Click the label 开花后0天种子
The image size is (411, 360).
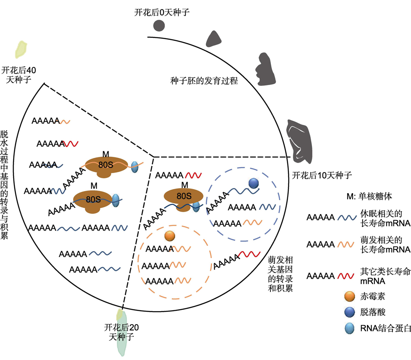pyautogui.click(x=162, y=12)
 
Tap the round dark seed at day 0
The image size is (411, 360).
pyautogui.click(x=159, y=25)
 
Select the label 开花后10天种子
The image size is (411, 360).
pyautogui.click(x=322, y=175)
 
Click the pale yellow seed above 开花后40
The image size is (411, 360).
pyautogui.click(x=21, y=49)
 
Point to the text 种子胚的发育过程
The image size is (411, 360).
pyautogui.click(x=204, y=81)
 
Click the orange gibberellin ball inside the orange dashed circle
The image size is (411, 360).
pyautogui.click(x=170, y=236)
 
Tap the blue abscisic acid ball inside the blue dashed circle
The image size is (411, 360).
pyautogui.click(x=254, y=183)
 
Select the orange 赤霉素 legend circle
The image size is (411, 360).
pyautogui.click(x=350, y=296)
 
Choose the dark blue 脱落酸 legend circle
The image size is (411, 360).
pyautogui.click(x=350, y=312)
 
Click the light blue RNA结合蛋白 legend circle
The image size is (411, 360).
pyautogui.click(x=350, y=328)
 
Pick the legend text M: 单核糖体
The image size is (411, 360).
pyautogui.click(x=369, y=196)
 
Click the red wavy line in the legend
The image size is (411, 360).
pyautogui.click(x=346, y=276)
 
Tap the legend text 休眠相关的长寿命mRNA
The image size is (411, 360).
pyautogui.click(x=385, y=218)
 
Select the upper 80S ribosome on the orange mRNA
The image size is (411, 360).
pyautogui.click(x=106, y=167)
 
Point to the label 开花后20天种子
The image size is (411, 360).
pyautogui.click(x=121, y=332)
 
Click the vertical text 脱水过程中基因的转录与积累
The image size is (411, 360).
pyautogui.click(x=4, y=185)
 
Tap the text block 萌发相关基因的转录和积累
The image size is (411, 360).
pyautogui.click(x=280, y=274)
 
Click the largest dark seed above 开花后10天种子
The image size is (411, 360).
pyautogui.click(x=299, y=141)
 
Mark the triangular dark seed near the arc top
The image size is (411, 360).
pyautogui.click(x=214, y=39)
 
